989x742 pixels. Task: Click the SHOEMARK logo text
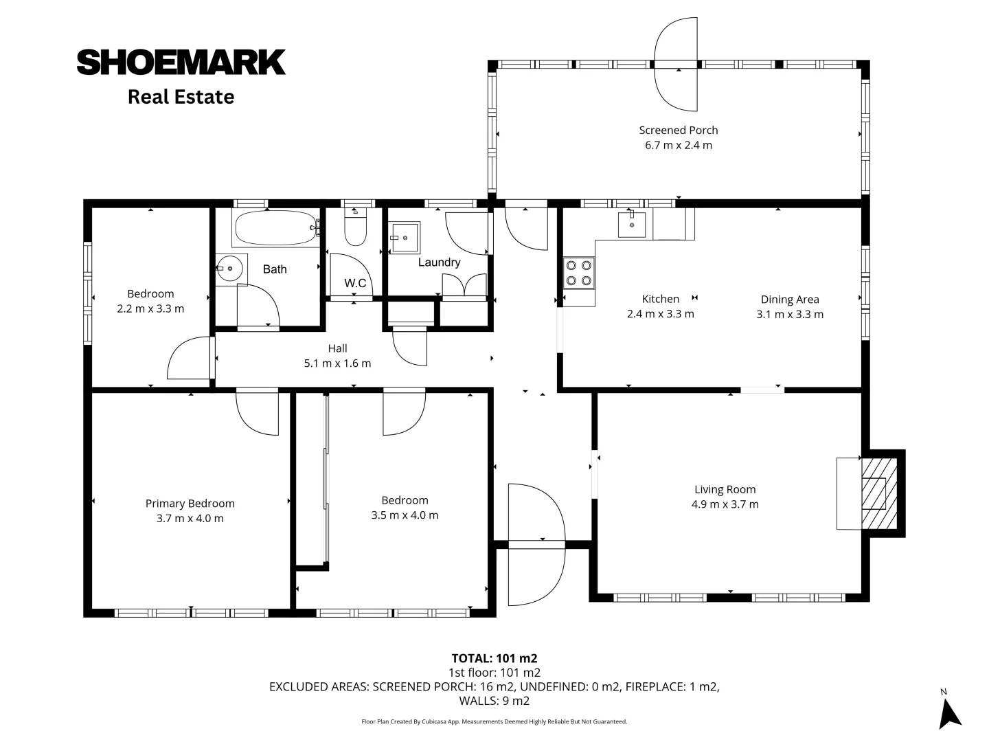pos(181,62)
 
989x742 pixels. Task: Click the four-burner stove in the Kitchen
pos(578,272)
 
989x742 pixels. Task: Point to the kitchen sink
pos(631,224)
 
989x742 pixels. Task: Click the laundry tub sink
pos(405,238)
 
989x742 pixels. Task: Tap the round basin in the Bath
pos(231,269)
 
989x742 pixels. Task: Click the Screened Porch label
pos(678,130)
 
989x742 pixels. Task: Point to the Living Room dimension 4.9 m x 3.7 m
pos(725,504)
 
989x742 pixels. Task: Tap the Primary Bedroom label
pos(190,504)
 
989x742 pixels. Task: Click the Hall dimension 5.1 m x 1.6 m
pos(337,363)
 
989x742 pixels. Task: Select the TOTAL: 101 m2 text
pos(494,658)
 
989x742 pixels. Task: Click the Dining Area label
pos(789,300)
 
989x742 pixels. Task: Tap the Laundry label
pos(439,262)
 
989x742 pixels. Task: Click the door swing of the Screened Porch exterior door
pos(676,64)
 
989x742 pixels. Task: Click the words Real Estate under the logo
pos(181,97)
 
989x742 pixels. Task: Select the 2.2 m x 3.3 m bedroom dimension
pos(150,309)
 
